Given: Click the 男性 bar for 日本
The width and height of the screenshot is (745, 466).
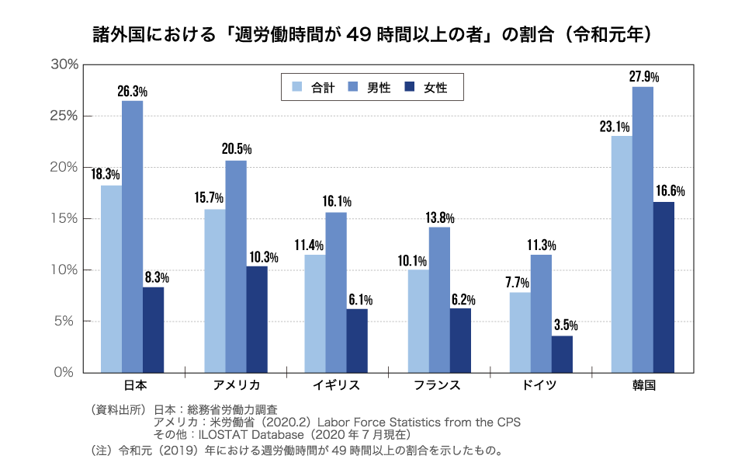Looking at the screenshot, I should tap(132, 237).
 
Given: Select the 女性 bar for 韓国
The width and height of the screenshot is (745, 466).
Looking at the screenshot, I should tap(664, 287).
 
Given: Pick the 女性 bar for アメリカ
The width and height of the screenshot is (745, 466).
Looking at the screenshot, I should tap(257, 319).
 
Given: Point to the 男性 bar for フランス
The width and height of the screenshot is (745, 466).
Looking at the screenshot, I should tap(439, 300).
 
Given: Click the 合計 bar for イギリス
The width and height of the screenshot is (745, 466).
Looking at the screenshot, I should tap(314, 314).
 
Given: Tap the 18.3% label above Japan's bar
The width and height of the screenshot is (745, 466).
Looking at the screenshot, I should tap(106, 175).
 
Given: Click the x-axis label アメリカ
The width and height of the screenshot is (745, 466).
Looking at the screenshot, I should tap(236, 385).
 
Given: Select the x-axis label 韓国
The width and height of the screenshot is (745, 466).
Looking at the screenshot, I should tap(644, 385).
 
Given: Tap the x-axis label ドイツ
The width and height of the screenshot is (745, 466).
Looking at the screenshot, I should tap(541, 385).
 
